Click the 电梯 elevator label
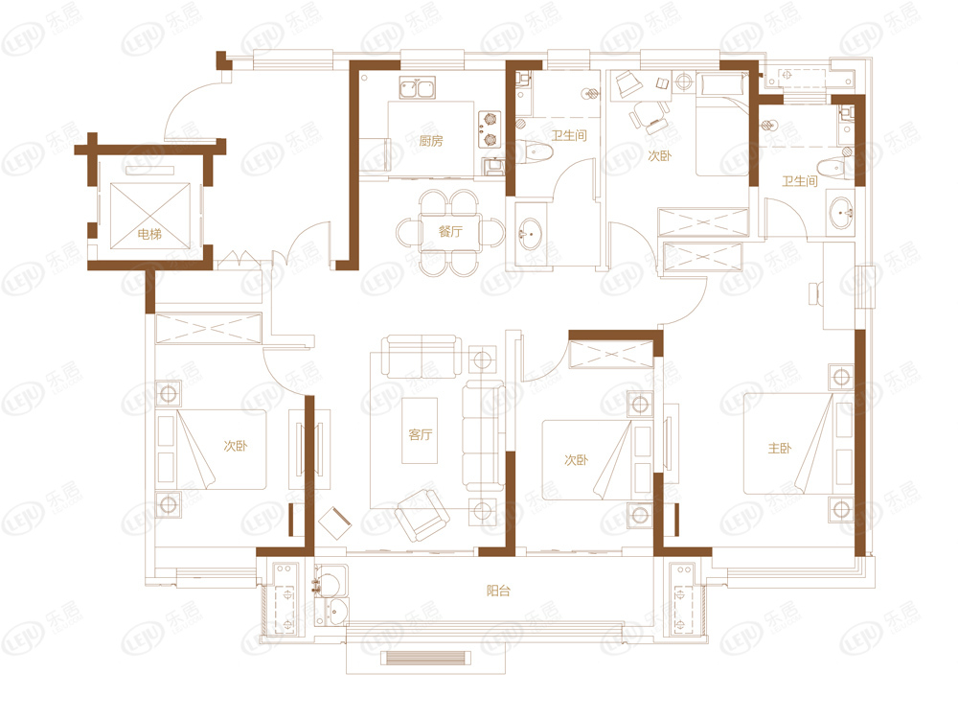point(149,234)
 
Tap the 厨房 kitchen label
point(431,141)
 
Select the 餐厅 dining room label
point(450,231)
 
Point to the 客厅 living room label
point(421,434)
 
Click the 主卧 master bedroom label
point(780,448)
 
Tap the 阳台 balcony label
point(498,591)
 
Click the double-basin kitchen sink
point(418,87)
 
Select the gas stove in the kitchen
point(490,129)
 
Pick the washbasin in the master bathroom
point(843,213)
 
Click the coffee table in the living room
point(420,430)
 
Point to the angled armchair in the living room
point(422,515)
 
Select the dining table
point(449,232)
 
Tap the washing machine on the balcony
point(331,581)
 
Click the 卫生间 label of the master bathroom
point(800,181)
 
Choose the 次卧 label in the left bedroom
point(236,446)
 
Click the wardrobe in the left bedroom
point(209,328)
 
